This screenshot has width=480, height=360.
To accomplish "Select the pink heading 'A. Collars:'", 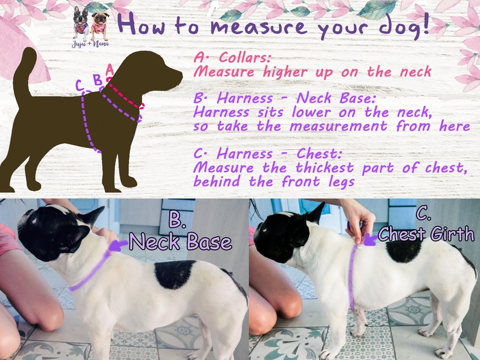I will click(x=233, y=58).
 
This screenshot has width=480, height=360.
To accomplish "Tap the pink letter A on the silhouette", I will click(x=109, y=69).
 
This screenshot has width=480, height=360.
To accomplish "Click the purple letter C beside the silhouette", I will click(x=79, y=86).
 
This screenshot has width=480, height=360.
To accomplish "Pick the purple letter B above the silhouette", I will click(x=97, y=79).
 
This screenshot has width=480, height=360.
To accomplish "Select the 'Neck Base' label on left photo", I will click(x=181, y=242).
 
